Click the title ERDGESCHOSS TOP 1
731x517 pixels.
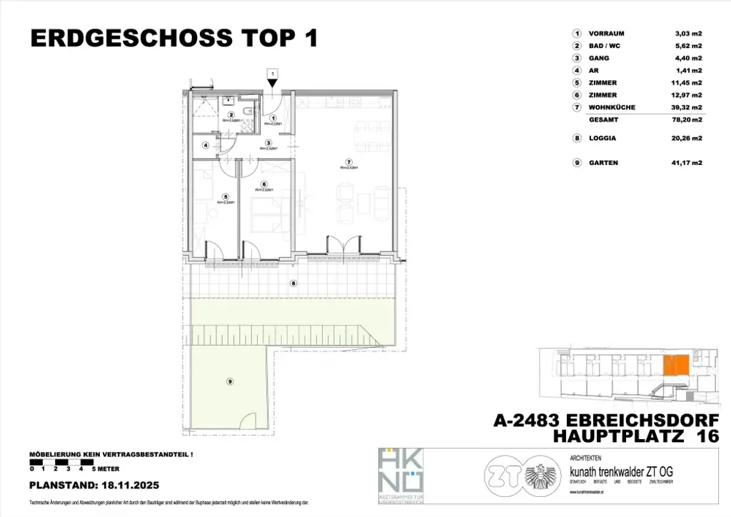click(173, 39)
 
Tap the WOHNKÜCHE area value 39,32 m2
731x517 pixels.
click(688, 107)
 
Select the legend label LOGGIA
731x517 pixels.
click(603, 139)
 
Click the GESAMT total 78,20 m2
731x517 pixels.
click(688, 121)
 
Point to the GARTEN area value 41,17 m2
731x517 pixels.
click(688, 163)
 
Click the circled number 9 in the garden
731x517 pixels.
click(230, 381)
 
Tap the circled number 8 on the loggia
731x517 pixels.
click(293, 283)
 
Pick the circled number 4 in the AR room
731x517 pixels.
click(206, 146)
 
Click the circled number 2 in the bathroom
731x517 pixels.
click(231, 115)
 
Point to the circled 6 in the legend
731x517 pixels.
click(575, 95)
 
